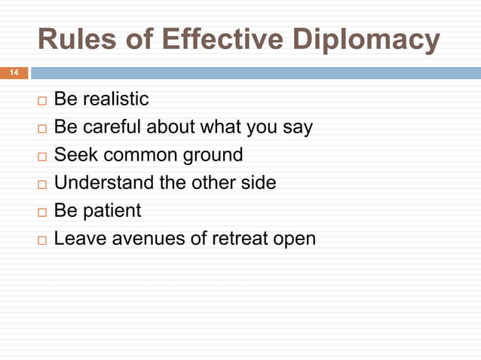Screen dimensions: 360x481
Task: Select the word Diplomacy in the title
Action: [x=372, y=41]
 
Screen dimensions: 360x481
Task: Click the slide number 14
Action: [x=13, y=73]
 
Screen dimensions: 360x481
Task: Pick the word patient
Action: [x=113, y=211]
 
